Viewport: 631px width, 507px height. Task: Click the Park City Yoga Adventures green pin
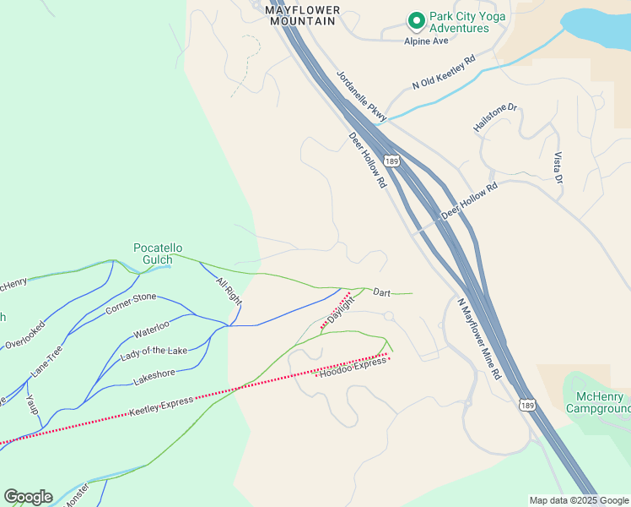coord(415,19)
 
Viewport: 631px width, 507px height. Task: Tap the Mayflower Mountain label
coord(303,15)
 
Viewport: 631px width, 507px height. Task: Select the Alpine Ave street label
coord(426,41)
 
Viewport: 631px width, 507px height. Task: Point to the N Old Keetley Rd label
coord(444,73)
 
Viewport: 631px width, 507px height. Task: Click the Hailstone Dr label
coord(495,117)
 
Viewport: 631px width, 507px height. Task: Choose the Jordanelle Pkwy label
coord(361,95)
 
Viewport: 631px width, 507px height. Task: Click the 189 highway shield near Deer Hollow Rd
coord(391,160)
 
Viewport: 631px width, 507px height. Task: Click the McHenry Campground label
coord(600,402)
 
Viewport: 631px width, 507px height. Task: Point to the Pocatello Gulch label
coord(158,253)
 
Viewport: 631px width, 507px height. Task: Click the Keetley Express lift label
coord(160,405)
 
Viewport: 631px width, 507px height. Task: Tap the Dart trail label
coord(381,292)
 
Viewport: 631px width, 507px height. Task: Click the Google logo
coord(28,497)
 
